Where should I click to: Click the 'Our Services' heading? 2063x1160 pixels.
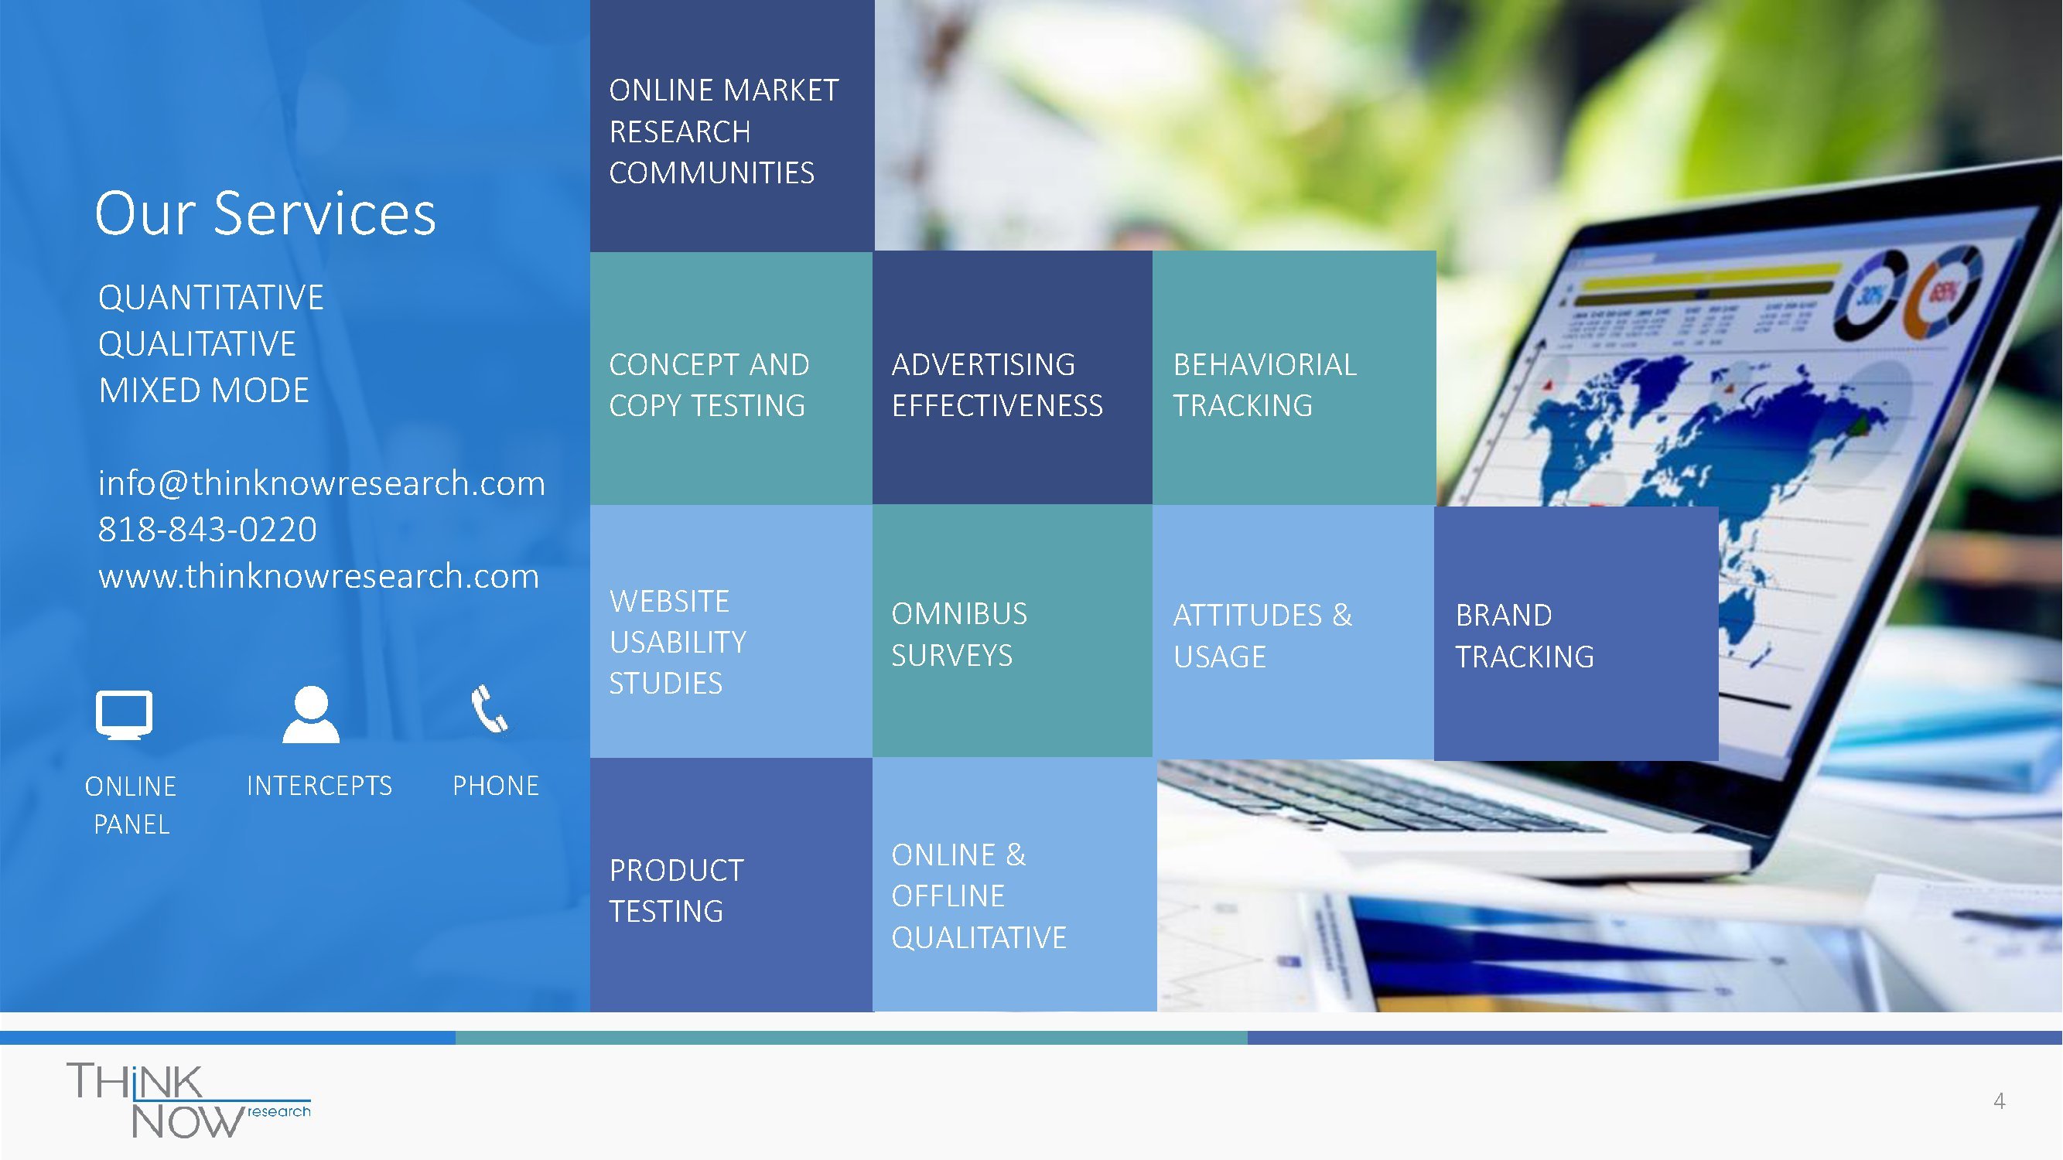point(265,214)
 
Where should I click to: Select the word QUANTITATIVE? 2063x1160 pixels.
point(210,298)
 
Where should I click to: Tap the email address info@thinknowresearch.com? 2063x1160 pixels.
point(321,483)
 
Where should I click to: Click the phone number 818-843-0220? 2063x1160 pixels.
point(207,530)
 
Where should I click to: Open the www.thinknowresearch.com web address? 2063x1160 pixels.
point(319,576)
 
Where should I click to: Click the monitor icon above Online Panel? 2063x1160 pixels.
point(124,714)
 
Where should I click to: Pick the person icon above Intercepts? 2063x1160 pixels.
point(311,714)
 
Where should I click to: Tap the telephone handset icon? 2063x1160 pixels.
point(490,709)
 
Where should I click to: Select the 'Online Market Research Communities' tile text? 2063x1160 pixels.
point(724,131)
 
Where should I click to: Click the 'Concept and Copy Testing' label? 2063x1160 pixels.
point(709,385)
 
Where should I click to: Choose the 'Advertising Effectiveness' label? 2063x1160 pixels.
point(997,385)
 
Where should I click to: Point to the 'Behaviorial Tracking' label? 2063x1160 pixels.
point(1265,385)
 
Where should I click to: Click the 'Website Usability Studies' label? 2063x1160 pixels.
point(678,642)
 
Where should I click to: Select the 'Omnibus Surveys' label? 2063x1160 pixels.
point(958,635)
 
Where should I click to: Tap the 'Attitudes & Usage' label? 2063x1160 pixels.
point(1262,636)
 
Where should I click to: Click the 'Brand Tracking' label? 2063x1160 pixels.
point(1524,636)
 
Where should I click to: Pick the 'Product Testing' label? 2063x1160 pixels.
point(676,890)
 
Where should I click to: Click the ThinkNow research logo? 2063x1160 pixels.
point(189,1100)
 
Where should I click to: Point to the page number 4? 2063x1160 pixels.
point(1999,1101)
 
